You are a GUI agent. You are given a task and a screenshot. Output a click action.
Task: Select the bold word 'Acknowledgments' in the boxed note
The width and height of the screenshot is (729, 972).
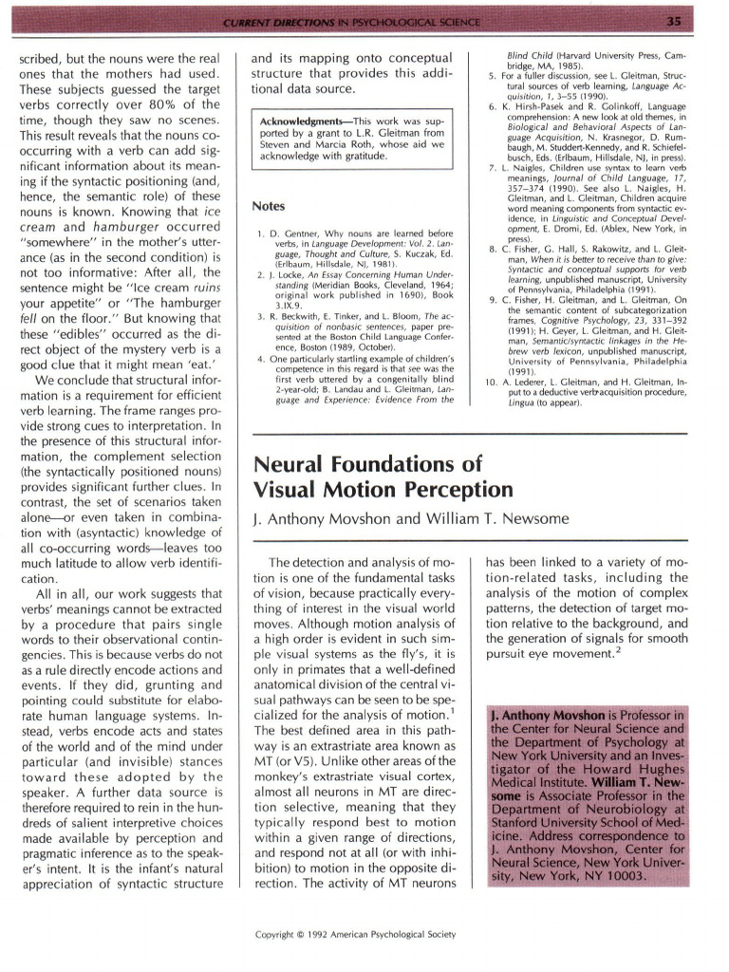pyautogui.click(x=303, y=122)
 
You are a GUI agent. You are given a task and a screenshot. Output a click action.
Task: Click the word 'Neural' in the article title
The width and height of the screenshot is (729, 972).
pyautogui.click(x=291, y=465)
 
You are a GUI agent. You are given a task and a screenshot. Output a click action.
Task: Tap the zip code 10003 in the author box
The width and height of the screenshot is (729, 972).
pyautogui.click(x=623, y=874)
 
